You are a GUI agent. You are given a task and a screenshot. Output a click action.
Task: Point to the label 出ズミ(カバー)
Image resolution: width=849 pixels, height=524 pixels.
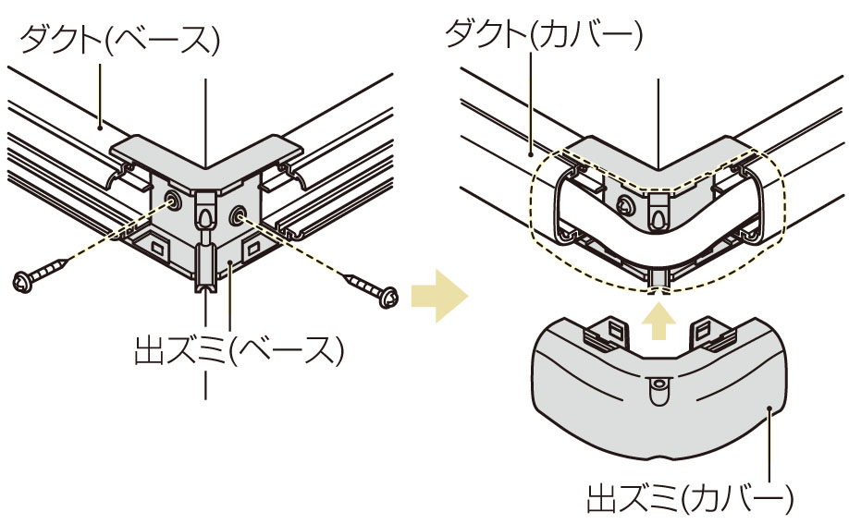[690, 498]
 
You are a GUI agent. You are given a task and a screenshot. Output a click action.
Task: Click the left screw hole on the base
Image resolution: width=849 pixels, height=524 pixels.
[173, 202]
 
